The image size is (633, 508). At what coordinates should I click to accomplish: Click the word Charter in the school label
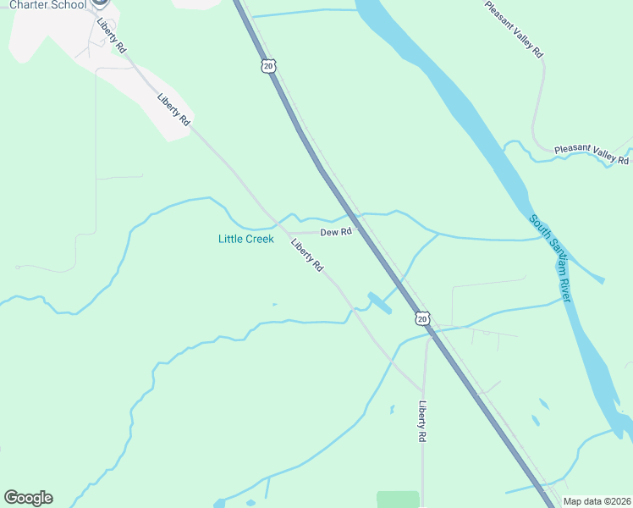(x=30, y=5)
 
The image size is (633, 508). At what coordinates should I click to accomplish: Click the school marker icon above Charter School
(x=100, y=3)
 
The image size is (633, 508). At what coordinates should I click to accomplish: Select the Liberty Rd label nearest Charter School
(x=110, y=36)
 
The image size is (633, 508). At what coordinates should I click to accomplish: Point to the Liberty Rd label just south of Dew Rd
(x=307, y=256)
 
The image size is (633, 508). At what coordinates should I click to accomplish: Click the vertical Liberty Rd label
(x=421, y=422)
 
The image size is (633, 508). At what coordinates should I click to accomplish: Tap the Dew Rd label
(x=335, y=233)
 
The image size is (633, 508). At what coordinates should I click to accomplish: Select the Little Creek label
(x=246, y=240)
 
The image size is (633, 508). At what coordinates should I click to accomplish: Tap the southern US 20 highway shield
(x=422, y=318)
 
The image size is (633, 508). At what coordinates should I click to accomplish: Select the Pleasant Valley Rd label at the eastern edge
(x=592, y=154)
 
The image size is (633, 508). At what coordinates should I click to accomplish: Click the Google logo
(x=28, y=498)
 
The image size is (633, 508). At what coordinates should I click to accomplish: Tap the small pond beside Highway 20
(x=379, y=302)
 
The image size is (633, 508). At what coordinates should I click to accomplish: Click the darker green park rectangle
(x=398, y=499)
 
